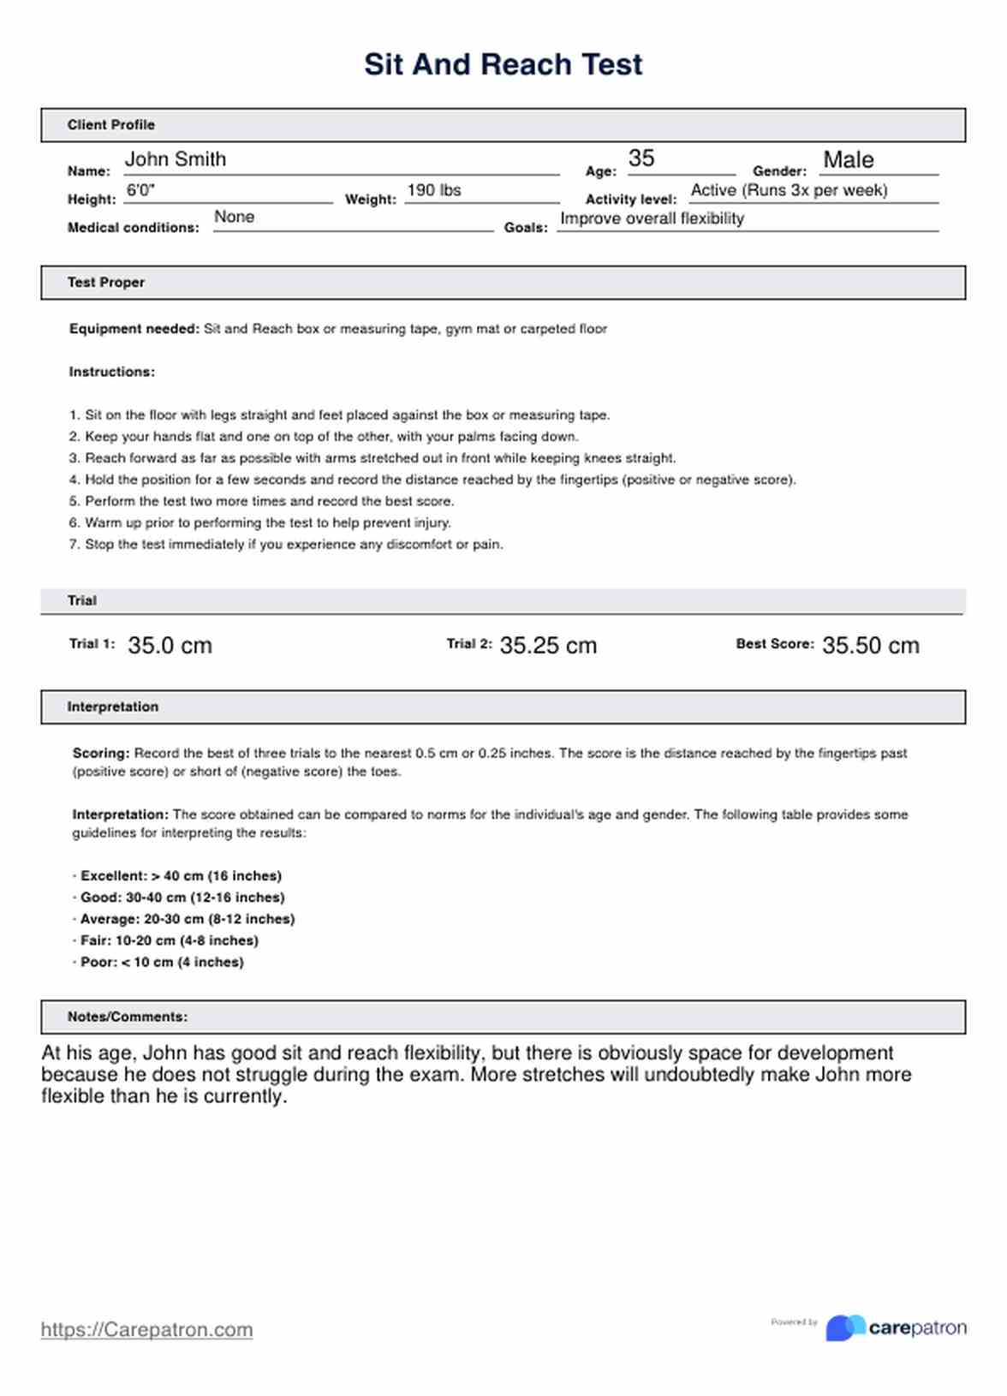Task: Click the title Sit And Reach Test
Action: click(503, 64)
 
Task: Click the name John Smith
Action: click(176, 159)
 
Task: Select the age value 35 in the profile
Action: click(641, 158)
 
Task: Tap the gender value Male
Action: click(848, 160)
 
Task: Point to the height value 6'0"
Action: click(140, 190)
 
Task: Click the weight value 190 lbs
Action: click(433, 190)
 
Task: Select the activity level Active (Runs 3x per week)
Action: click(789, 190)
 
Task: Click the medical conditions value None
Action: click(234, 217)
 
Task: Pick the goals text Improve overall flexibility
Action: click(652, 218)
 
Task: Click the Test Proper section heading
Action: click(106, 283)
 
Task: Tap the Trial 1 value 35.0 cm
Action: click(170, 646)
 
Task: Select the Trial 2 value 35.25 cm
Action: click(548, 646)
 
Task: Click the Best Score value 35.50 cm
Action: click(870, 646)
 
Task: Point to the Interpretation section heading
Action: click(113, 707)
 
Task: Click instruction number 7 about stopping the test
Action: click(287, 545)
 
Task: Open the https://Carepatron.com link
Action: click(146, 1330)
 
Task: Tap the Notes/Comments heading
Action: click(128, 1017)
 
